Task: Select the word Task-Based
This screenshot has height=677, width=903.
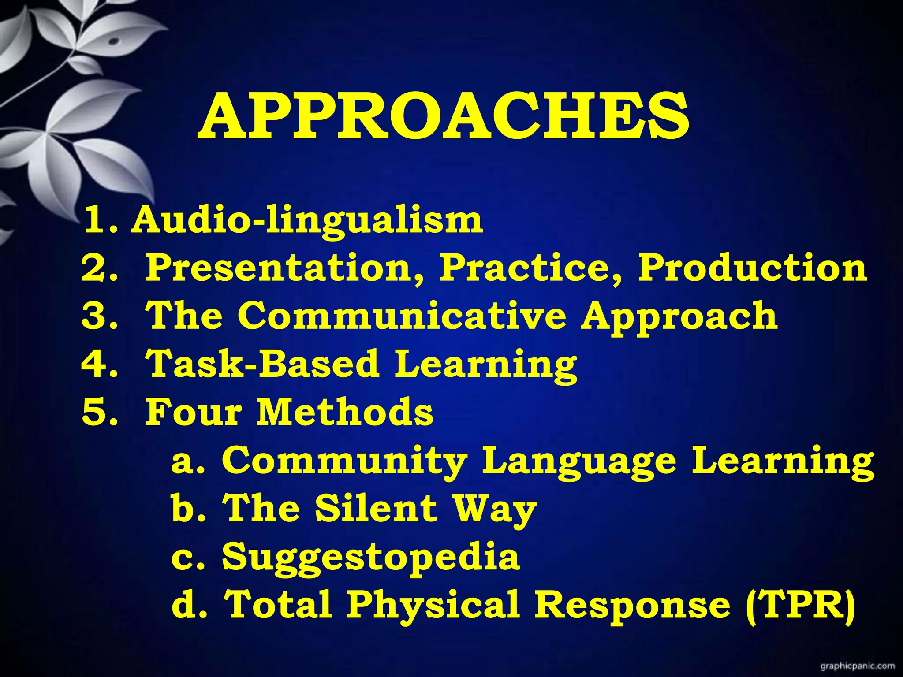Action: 263,364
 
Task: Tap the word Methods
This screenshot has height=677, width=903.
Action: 345,412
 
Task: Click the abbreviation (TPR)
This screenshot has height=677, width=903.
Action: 801,605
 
